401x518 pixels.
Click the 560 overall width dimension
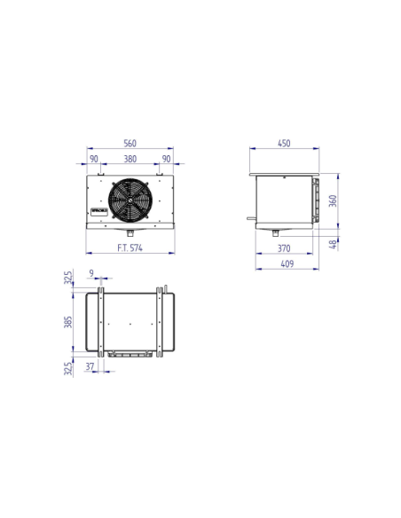tap(130, 143)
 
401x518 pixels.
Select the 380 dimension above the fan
tap(130, 160)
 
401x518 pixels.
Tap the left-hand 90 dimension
tap(94, 160)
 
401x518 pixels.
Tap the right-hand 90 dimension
tap(166, 160)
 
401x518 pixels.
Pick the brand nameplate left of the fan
tap(98, 210)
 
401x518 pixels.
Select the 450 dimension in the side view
tap(284, 143)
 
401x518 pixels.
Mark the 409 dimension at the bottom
tap(284, 264)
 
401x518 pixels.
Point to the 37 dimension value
tap(91, 365)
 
